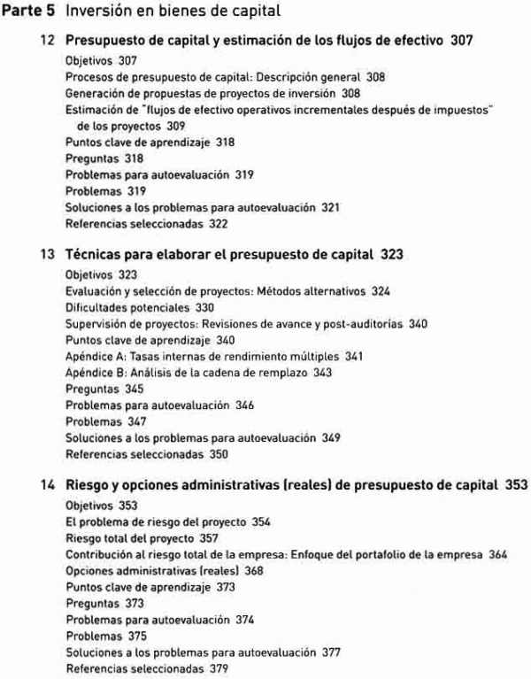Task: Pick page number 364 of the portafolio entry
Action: point(496,554)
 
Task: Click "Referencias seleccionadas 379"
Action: point(147,669)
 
